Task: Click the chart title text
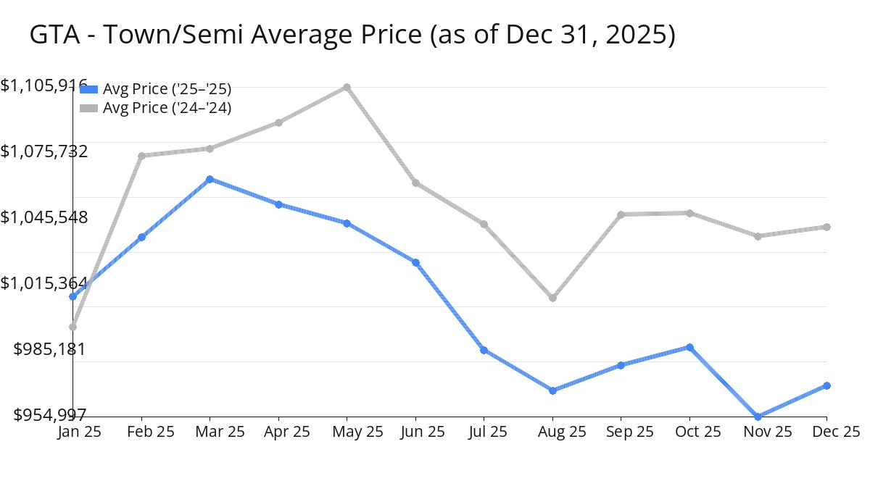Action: [352, 35]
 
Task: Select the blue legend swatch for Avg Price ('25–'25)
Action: [88, 89]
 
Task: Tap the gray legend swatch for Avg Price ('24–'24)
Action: [88, 108]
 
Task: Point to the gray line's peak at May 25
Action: [347, 87]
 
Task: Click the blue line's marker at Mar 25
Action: [210, 179]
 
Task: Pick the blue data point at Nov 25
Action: [758, 417]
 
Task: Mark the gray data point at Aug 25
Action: [553, 298]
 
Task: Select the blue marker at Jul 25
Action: [484, 350]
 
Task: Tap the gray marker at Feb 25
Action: [141, 156]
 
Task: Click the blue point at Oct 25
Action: [690, 347]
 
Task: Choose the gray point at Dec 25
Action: [827, 227]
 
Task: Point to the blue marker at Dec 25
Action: [827, 385]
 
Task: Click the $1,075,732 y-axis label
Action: [44, 151]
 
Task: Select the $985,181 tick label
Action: [50, 349]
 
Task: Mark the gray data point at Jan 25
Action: [72, 327]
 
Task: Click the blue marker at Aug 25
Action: [553, 390]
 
